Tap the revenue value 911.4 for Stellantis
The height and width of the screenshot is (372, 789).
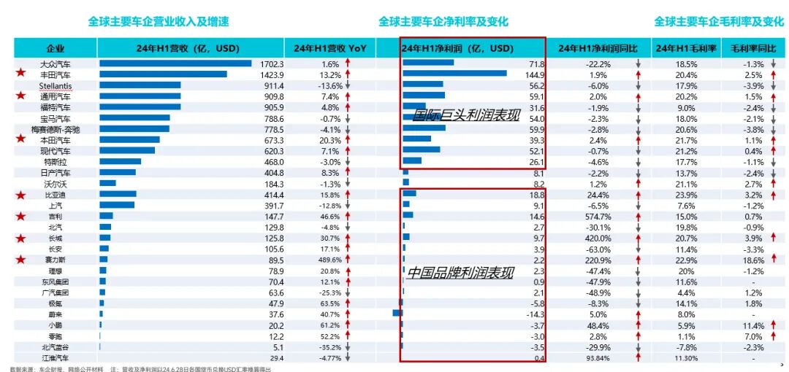pyautogui.click(x=272, y=85)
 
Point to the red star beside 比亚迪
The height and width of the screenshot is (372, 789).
pyautogui.click(x=22, y=195)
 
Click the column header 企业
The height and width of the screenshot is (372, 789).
pyautogui.click(x=56, y=49)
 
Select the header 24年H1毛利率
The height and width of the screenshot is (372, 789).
pyautogui.click(x=684, y=49)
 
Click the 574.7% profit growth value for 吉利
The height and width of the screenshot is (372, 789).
pyautogui.click(x=597, y=217)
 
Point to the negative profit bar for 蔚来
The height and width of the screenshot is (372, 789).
pyautogui.click(x=397, y=313)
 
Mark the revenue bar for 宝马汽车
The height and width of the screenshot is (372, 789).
pyautogui.click(x=134, y=117)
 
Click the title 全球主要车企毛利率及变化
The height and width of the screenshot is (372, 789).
pyautogui.click(x=718, y=22)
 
